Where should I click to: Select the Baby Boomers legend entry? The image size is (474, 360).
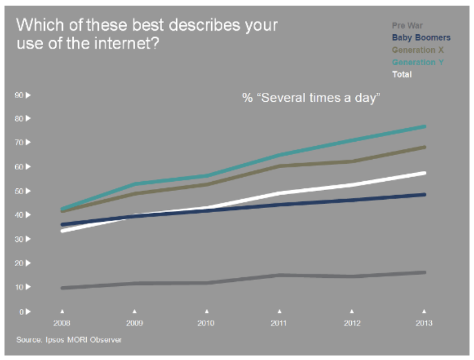tap(421, 38)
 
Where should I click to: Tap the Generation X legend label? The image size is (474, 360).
tap(418, 49)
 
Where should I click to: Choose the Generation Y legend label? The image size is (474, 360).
tap(418, 62)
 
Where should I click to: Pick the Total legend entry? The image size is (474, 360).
tap(402, 74)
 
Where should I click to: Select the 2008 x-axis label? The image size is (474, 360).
tap(62, 323)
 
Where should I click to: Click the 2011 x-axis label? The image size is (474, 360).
tap(279, 323)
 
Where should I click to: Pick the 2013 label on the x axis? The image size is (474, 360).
tap(424, 323)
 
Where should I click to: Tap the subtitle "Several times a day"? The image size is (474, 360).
tap(312, 98)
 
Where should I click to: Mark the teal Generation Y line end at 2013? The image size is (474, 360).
tap(424, 127)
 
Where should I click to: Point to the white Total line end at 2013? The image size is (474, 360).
tap(424, 173)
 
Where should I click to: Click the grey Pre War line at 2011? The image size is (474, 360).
tap(279, 275)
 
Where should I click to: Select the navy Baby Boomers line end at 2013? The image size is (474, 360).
tap(424, 195)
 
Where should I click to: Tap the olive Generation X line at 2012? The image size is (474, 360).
tap(352, 161)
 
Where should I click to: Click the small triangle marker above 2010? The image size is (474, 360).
tap(207, 310)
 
